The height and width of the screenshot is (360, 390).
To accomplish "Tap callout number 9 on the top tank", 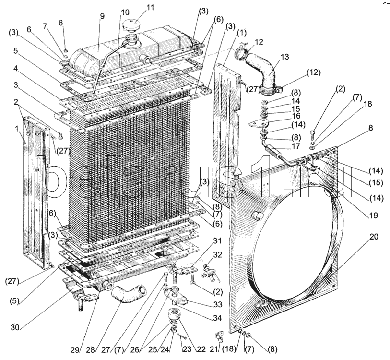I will pyautogui.click(x=102, y=16).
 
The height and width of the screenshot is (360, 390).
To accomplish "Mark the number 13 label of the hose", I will pyautogui.click(x=284, y=56).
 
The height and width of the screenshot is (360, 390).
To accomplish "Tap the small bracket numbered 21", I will pyautogui.click(x=218, y=335).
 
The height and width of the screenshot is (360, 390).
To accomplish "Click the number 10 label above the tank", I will pyautogui.click(x=125, y=12).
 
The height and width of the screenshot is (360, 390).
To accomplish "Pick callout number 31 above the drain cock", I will pyautogui.click(x=217, y=240).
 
